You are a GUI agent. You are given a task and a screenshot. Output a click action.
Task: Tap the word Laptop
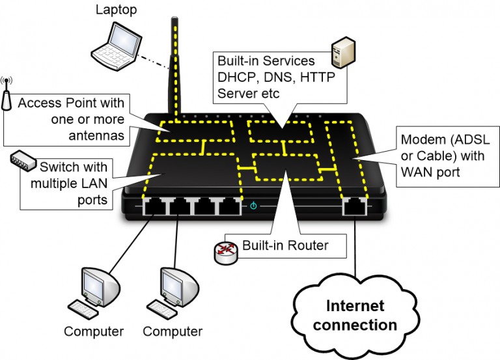pos(117,10)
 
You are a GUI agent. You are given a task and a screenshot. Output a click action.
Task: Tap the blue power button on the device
pos(254,206)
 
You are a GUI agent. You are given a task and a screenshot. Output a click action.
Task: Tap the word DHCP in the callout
pos(237,77)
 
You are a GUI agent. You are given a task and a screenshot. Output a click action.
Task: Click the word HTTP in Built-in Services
pos(315,77)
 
